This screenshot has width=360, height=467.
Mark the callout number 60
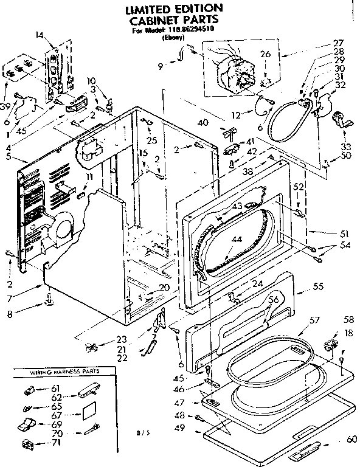(x=350, y=439)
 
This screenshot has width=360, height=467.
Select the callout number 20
(x=164, y=287)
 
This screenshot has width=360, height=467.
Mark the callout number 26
(x=265, y=54)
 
